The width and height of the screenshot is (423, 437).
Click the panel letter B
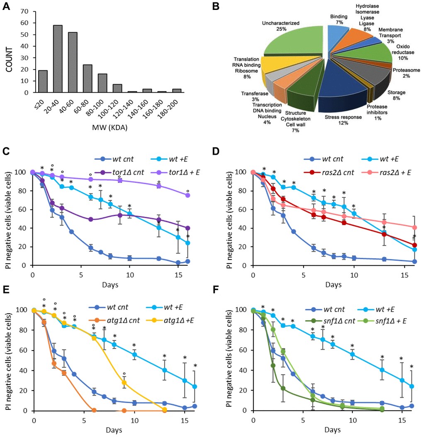click(x=216, y=7)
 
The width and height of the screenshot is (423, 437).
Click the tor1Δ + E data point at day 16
click(x=188, y=195)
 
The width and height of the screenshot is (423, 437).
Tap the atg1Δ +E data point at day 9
click(x=124, y=383)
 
